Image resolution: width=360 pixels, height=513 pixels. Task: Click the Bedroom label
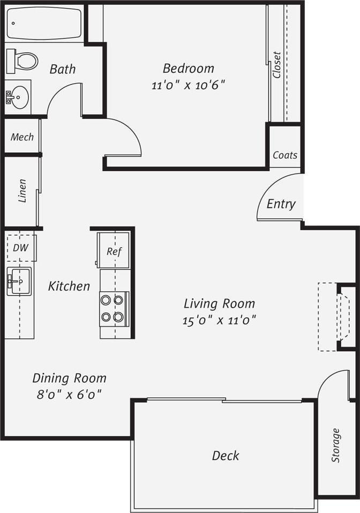pos(188,69)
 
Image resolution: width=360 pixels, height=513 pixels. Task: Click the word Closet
pos(276,65)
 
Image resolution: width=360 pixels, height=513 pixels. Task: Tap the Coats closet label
pos(284,155)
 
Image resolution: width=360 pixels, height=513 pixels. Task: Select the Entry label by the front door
pos(281,204)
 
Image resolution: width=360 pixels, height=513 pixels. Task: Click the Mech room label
pos(22,137)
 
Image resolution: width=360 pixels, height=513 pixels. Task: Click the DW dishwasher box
pos(21,248)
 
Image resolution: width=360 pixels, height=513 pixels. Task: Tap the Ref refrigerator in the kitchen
pos(113,251)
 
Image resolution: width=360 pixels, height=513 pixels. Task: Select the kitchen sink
pos(19,280)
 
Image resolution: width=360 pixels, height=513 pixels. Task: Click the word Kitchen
pos(69,286)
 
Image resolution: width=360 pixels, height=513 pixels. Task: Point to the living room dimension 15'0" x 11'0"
pos(219,321)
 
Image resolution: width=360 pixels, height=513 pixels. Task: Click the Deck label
pos(226,456)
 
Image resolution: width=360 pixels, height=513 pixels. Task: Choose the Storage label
pos(335,445)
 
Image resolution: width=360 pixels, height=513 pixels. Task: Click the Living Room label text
pos(219,303)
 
